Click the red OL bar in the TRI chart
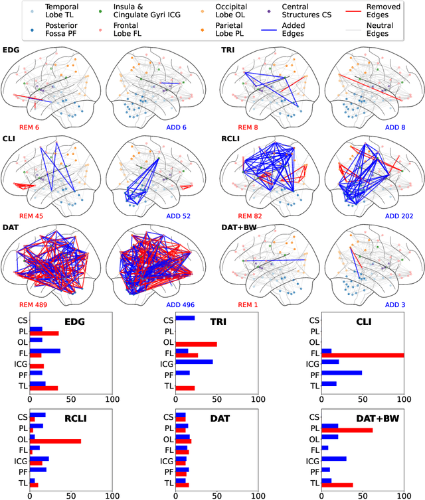pos(196,344)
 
